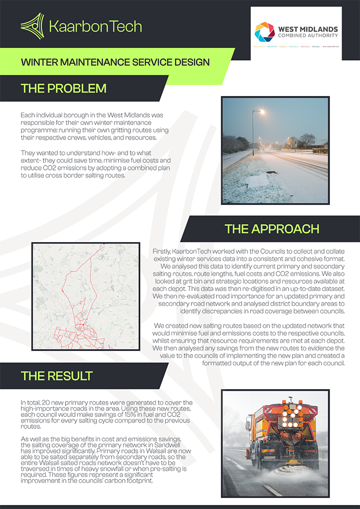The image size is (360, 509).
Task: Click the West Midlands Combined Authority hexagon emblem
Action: pyautogui.click(x=264, y=32)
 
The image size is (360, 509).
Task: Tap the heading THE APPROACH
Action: pyautogui.click(x=271, y=229)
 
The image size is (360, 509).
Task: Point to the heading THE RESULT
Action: pyautogui.click(x=56, y=375)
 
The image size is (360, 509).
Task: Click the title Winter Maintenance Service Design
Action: pyautogui.click(x=115, y=62)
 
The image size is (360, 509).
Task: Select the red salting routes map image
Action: pyautogui.click(x=85, y=298)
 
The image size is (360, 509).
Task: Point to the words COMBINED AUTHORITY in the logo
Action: pyautogui.click(x=306, y=35)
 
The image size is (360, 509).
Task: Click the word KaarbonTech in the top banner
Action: pyautogui.click(x=95, y=26)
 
